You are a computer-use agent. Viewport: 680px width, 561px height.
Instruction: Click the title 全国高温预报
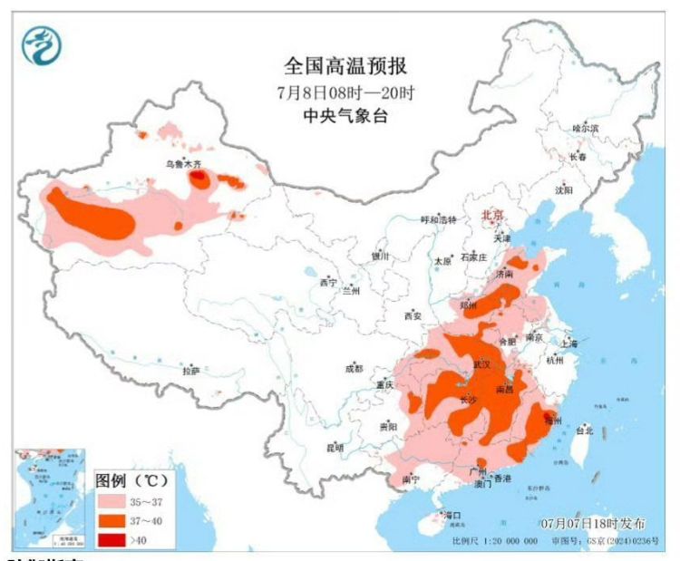(x=345, y=65)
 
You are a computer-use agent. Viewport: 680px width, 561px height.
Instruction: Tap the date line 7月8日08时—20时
(x=345, y=92)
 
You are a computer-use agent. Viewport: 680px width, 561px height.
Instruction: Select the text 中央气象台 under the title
(x=345, y=116)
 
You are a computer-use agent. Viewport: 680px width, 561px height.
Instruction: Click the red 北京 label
(x=491, y=216)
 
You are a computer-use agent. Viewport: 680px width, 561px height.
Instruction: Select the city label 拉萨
(x=189, y=371)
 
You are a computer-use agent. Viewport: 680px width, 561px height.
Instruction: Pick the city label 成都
(x=353, y=369)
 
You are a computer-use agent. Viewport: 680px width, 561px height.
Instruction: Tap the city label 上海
(x=569, y=343)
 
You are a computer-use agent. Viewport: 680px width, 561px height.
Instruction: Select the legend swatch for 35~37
(x=112, y=501)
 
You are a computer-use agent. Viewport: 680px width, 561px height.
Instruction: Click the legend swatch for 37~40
(x=112, y=520)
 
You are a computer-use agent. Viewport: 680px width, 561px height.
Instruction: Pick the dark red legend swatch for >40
(x=112, y=539)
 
